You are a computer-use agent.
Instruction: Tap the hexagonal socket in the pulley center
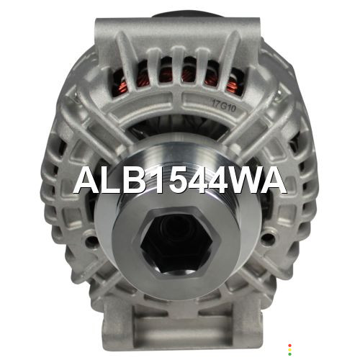pos(176,241)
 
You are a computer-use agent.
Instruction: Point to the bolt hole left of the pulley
pos(91,239)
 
